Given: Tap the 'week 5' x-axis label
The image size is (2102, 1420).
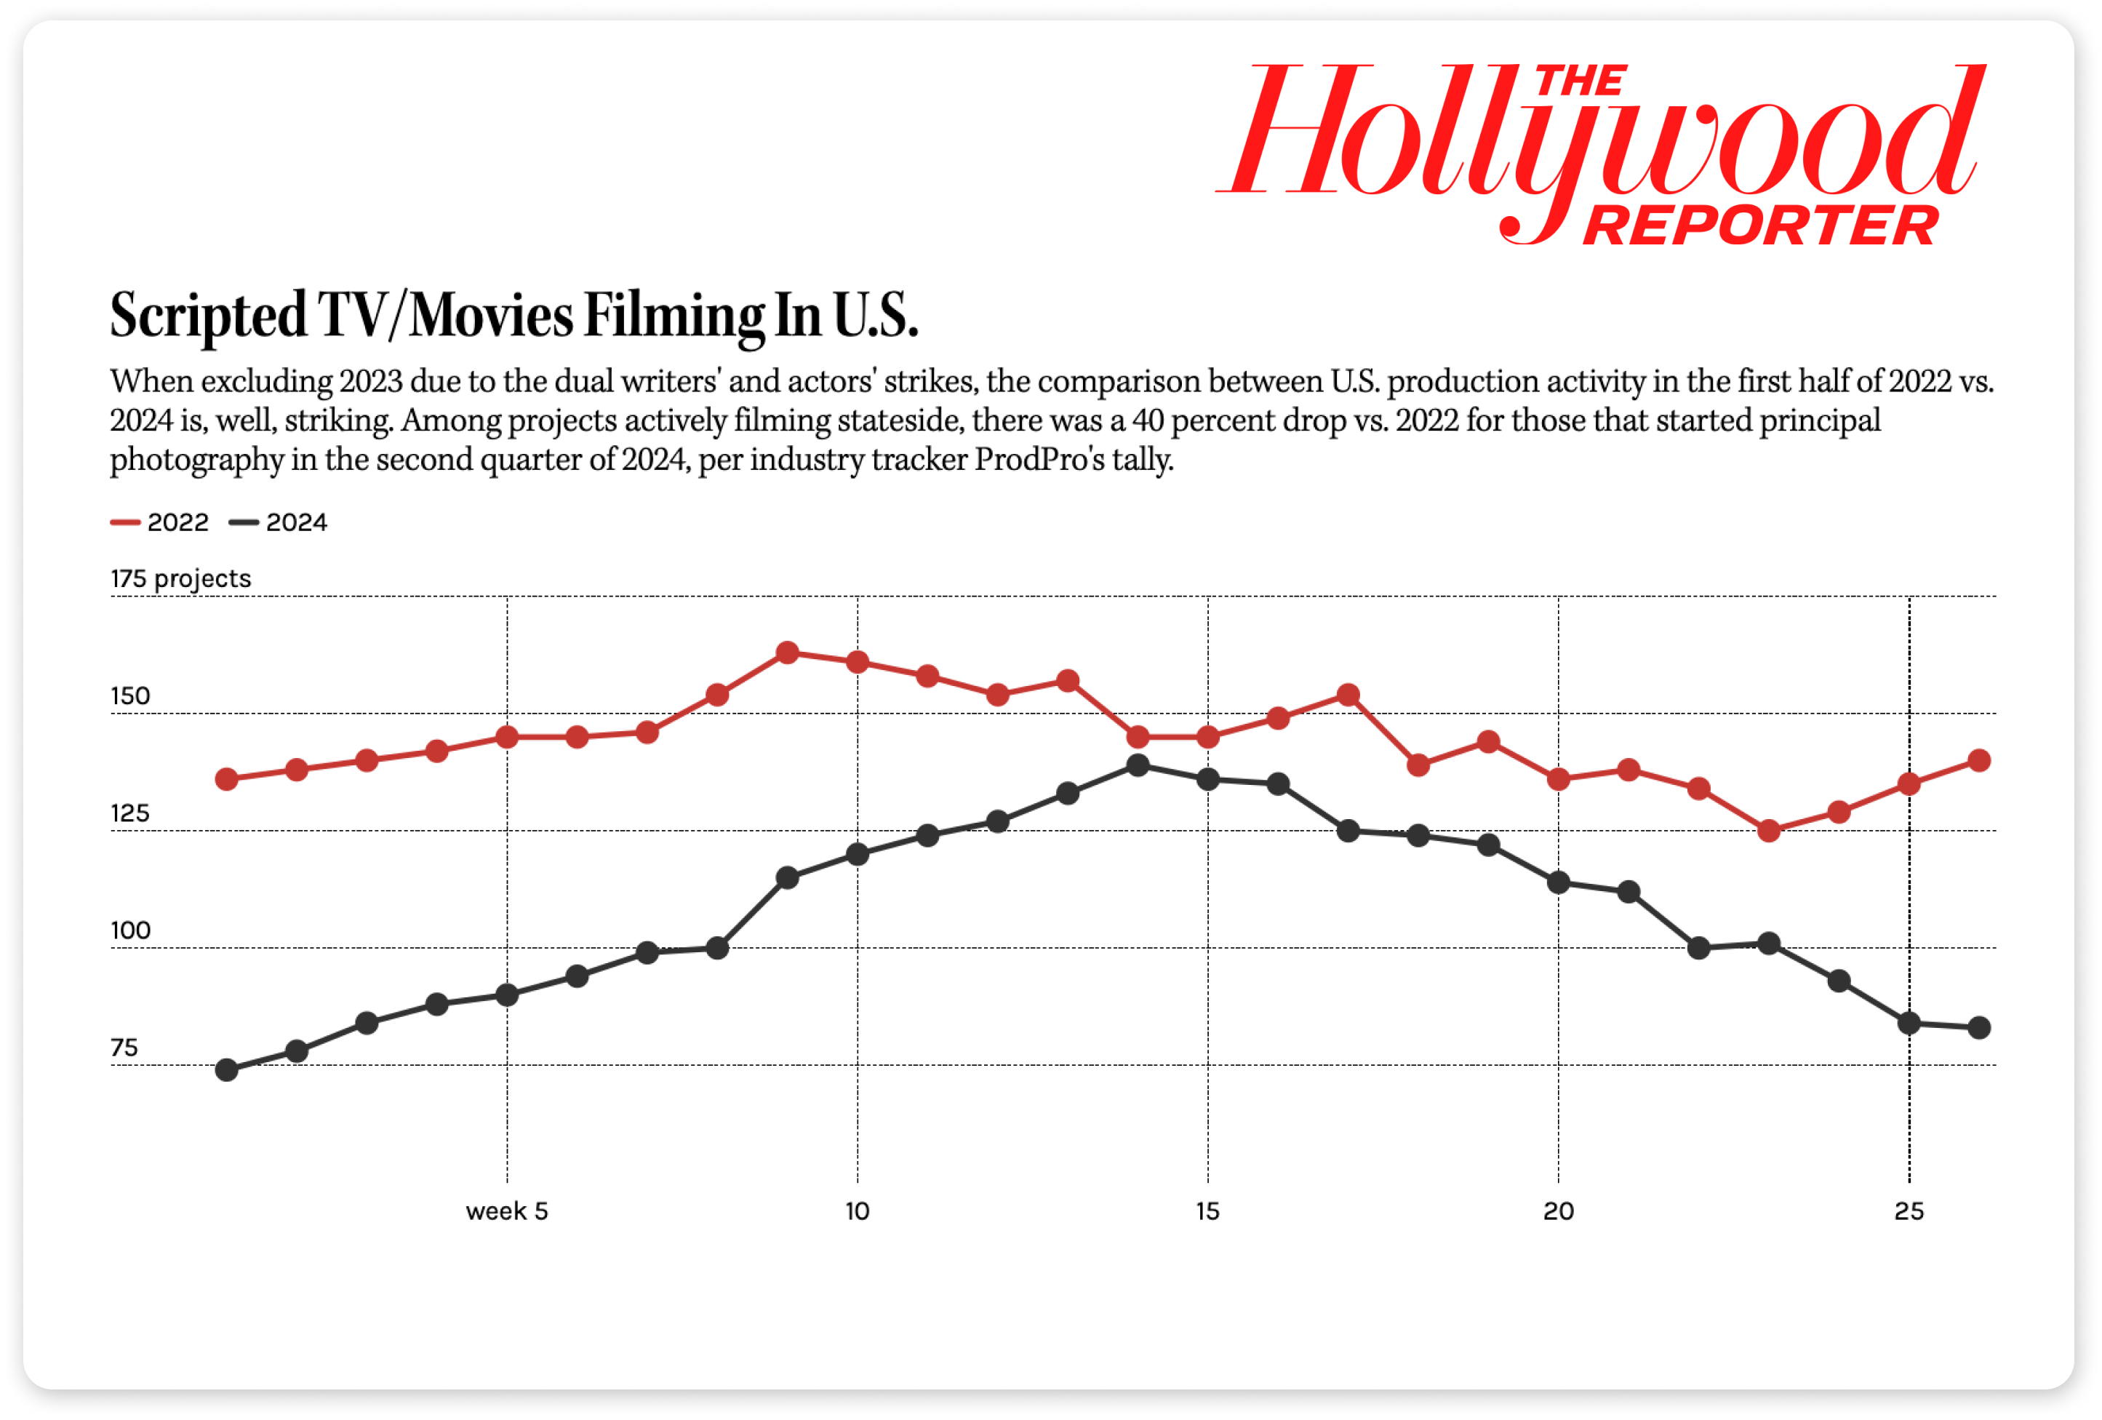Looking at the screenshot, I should (506, 1211).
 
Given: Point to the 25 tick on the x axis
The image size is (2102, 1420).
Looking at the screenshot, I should (1909, 1211).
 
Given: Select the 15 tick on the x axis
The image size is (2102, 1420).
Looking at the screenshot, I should (1207, 1211).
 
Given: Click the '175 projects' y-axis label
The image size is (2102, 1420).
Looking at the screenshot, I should (181, 579).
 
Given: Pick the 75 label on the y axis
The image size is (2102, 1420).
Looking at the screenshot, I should (125, 1048).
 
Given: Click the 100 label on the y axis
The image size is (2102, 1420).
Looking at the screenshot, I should (130, 930).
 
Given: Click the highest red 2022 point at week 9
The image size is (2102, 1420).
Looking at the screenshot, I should (788, 652).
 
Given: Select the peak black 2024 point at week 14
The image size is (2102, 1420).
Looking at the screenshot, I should (1138, 765).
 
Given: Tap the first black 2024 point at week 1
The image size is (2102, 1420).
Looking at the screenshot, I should (227, 1070).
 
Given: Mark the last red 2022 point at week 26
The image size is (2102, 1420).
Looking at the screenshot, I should (1979, 761).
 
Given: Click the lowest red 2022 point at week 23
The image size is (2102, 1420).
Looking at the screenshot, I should (1768, 830).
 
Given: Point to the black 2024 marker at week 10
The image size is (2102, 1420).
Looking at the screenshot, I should (858, 854).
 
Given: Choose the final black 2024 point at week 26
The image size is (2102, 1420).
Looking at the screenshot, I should (1979, 1027).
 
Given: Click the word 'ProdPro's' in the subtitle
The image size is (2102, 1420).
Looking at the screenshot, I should (1039, 460).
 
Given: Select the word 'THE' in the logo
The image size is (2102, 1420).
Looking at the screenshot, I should (1582, 82).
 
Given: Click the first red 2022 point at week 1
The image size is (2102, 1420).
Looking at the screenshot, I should (227, 778).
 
